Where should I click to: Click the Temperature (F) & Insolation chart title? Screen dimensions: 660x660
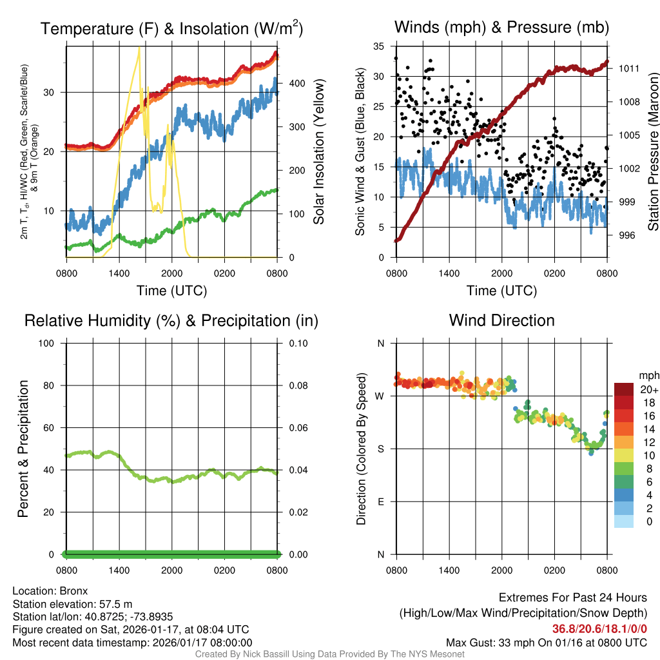point(171,28)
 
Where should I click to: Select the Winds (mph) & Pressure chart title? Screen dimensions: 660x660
point(501,27)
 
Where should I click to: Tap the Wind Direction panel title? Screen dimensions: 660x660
point(501,320)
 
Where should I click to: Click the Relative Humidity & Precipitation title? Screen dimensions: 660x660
point(171,320)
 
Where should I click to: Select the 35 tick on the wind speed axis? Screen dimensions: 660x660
point(379,46)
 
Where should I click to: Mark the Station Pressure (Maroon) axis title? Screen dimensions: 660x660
point(653,151)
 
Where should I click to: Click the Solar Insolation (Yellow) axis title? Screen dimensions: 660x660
point(318,151)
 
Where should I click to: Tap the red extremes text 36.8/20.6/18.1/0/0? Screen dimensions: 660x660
point(599,629)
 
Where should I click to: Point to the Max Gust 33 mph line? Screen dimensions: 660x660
point(547,643)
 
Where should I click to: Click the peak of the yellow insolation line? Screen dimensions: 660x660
point(139,48)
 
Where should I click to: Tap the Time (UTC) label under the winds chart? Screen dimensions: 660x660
point(501,291)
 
